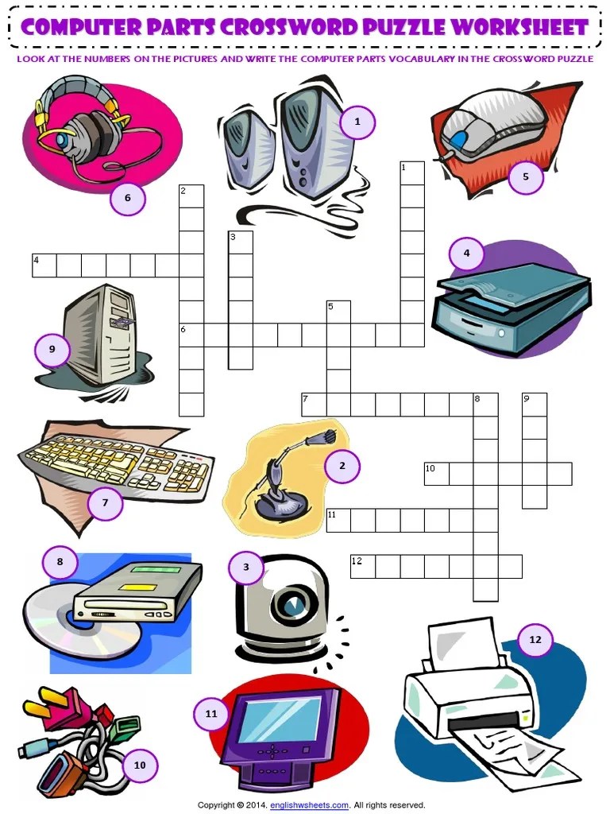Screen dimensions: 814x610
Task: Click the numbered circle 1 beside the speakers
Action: click(357, 122)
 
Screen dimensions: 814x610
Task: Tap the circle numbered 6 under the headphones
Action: click(128, 199)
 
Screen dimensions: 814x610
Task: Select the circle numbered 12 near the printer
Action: click(535, 639)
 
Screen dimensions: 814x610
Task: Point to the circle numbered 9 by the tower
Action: click(52, 349)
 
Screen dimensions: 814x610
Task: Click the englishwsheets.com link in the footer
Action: click(309, 804)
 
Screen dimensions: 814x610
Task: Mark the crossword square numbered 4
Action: click(44, 266)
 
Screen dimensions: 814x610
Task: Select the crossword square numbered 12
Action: click(363, 567)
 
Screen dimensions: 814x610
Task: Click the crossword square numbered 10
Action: click(436, 474)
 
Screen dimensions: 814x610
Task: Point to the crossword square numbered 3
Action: click(241, 242)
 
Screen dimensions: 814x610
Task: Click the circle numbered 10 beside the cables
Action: click(140, 766)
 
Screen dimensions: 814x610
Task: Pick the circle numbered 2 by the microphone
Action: click(342, 466)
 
